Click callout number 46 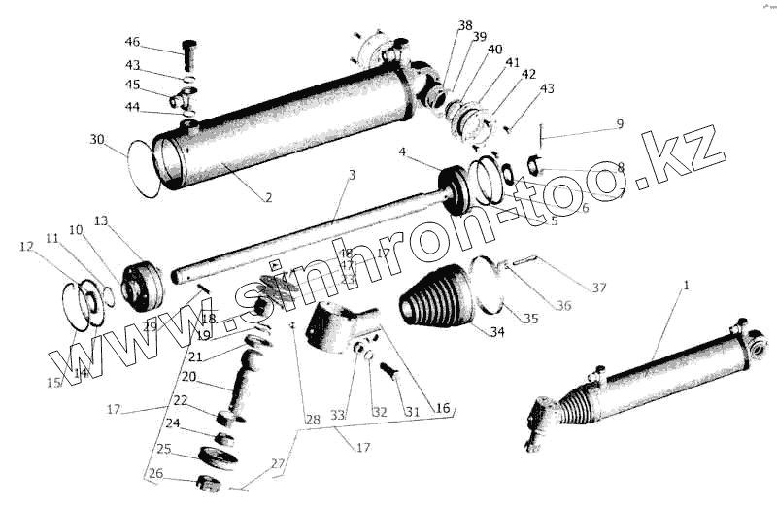click(132, 43)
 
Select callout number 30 click(97, 140)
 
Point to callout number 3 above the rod click(352, 175)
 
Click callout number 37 click(599, 288)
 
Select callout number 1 click(686, 286)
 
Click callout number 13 click(102, 220)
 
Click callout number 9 click(620, 124)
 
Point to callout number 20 click(188, 377)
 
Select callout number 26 click(155, 475)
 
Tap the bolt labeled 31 click(390, 371)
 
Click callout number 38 click(465, 25)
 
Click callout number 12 click(25, 248)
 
